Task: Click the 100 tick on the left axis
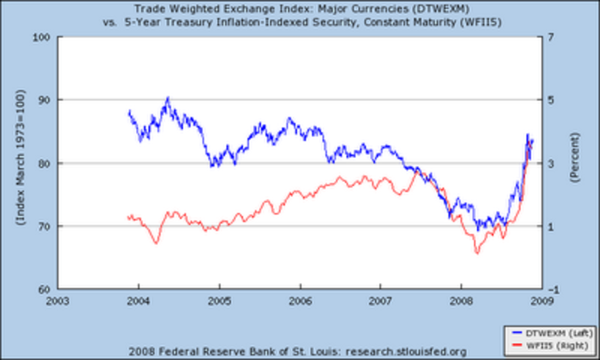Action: (x=44, y=37)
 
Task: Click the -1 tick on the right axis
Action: (x=551, y=289)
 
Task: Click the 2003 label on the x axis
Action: (x=58, y=301)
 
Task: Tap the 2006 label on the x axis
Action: (x=300, y=301)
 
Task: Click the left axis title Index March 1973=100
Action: (x=20, y=157)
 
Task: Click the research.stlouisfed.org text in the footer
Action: (x=406, y=351)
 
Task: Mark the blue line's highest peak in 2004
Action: (x=168, y=98)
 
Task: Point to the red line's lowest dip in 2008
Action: (x=477, y=252)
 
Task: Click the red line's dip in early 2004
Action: (x=156, y=242)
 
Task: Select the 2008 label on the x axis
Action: (x=461, y=301)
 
